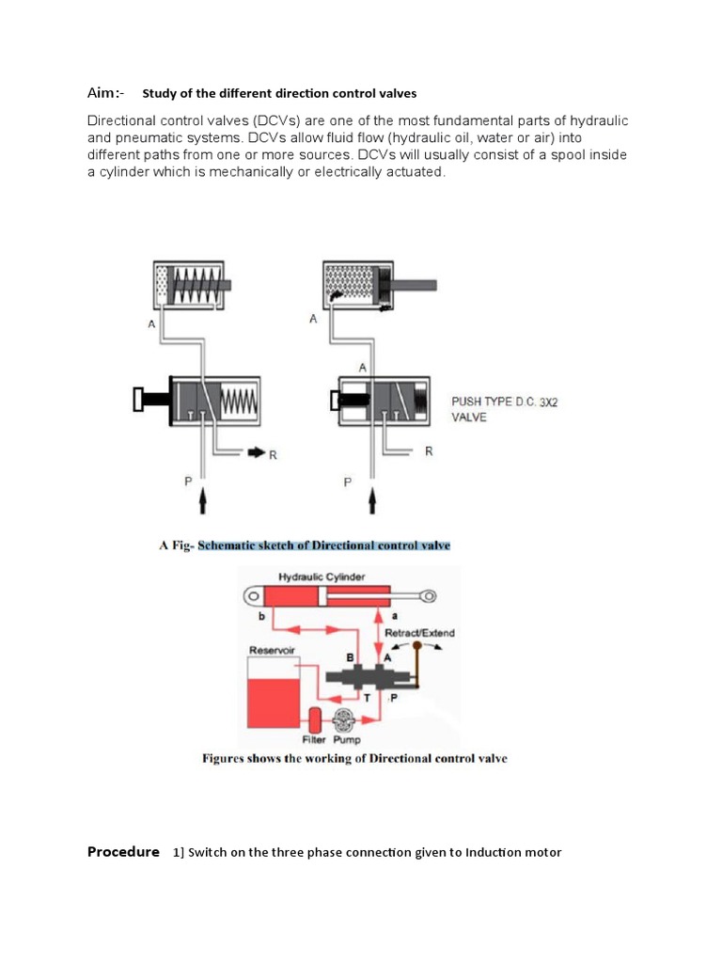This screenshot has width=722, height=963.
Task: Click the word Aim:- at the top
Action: pos(105,93)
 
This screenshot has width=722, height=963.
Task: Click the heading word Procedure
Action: pos(123,852)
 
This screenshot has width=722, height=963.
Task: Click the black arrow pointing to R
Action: pos(254,453)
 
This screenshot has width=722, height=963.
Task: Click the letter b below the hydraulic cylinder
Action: pos(260,615)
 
